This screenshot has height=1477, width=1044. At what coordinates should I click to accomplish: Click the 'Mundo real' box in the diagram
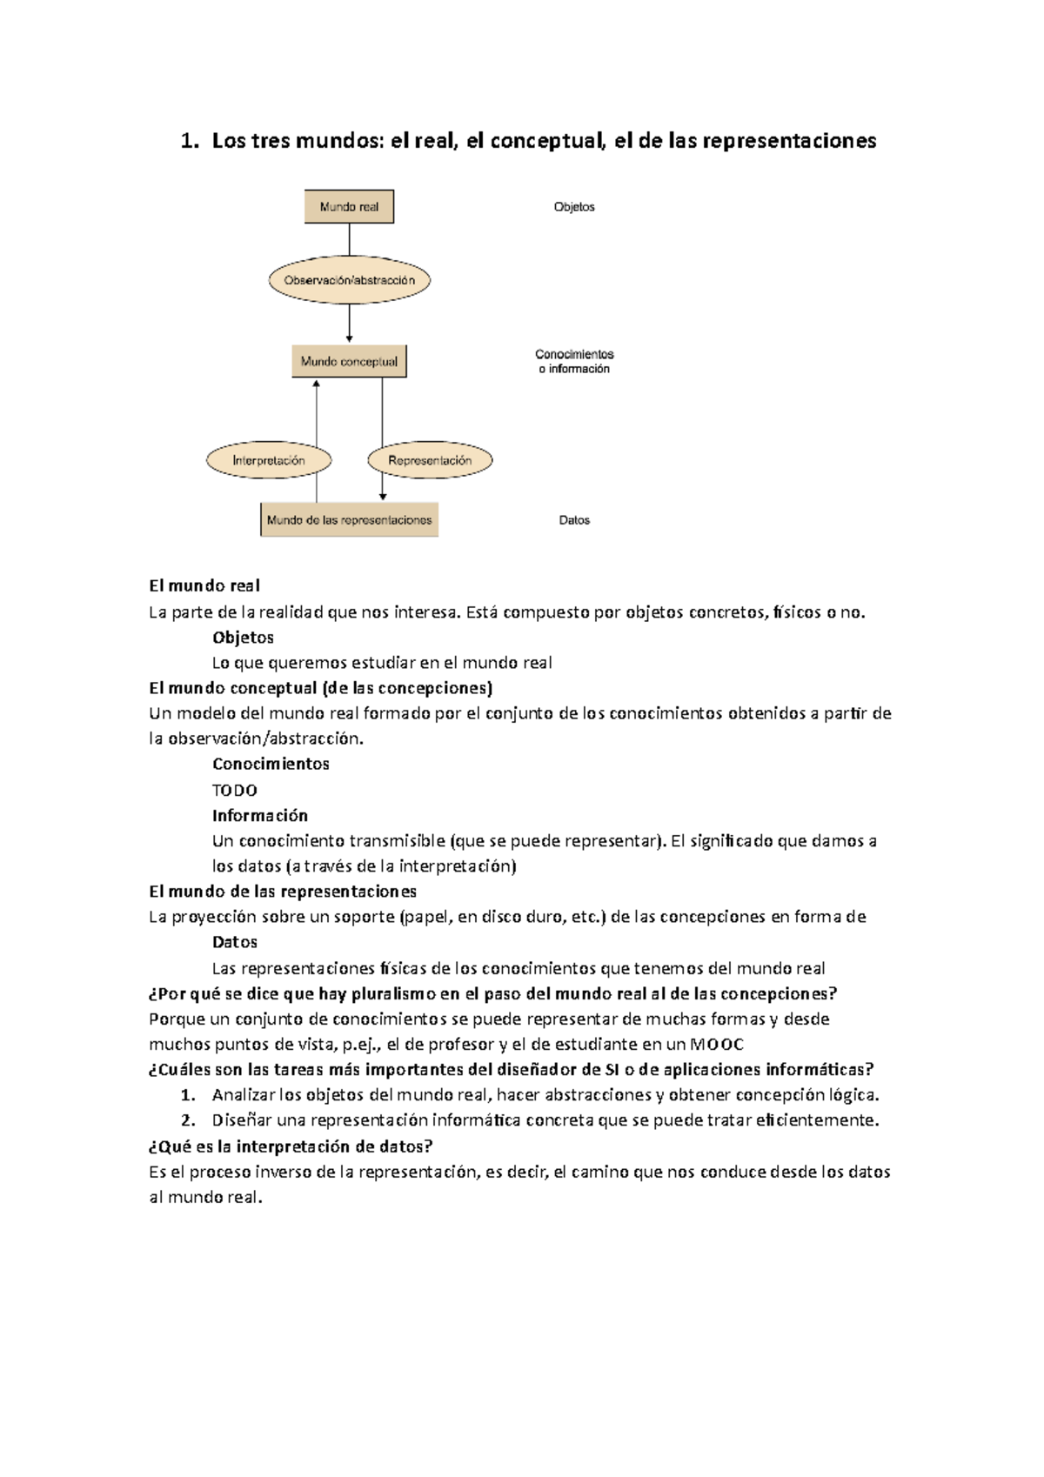[349, 207]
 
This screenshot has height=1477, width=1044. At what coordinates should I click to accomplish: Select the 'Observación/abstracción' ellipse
[349, 280]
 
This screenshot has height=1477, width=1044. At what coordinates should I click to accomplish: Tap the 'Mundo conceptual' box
[349, 361]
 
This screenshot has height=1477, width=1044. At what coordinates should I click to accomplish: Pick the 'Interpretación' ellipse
[269, 460]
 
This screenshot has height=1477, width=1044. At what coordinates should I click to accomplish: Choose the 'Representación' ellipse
[430, 460]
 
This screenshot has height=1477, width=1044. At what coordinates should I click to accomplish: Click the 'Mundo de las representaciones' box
[349, 520]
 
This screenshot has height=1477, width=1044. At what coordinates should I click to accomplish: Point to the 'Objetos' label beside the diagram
[574, 207]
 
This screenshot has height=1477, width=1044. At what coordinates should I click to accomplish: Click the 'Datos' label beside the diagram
[574, 520]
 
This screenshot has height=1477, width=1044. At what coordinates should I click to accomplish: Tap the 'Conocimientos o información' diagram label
[574, 361]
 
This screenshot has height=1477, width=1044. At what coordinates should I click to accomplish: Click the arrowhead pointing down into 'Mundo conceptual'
[349, 338]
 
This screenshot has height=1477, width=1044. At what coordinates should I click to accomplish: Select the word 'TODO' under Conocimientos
[235, 791]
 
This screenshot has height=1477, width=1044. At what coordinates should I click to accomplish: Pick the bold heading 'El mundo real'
[204, 586]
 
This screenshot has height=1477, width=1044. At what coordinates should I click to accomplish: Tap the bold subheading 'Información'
[260, 816]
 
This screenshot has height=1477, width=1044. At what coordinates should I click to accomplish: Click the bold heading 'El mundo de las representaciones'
[283, 892]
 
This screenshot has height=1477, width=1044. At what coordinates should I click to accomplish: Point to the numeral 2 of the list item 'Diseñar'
[185, 1120]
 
